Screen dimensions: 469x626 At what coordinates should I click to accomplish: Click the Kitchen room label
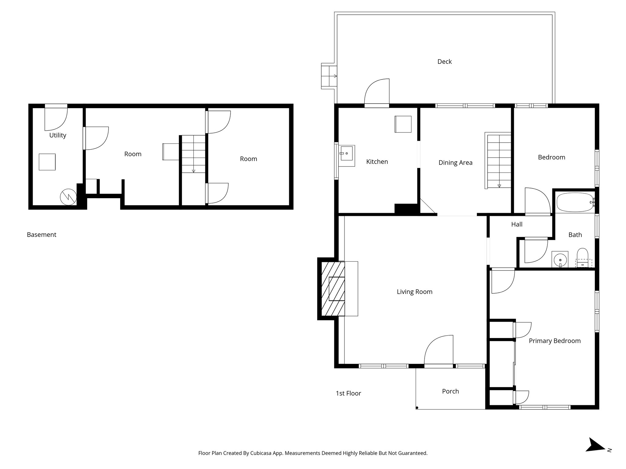pos(377,162)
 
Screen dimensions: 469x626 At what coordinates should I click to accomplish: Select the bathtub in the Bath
pos(575,202)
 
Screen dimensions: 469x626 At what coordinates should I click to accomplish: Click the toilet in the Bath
pos(582,256)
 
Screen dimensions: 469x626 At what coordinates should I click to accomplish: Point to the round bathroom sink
pos(560,260)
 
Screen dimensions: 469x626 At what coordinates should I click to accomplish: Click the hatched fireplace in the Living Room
pos(333,289)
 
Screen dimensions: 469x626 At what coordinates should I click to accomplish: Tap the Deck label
pos(444,62)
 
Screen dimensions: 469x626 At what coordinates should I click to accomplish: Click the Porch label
pos(450,391)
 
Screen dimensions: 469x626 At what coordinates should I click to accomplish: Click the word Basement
pos(42,235)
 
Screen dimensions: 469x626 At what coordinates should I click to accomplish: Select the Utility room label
pos(58,135)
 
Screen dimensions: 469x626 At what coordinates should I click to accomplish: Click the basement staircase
pos(193,154)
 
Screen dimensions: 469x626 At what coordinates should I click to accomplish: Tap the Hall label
pos(517,224)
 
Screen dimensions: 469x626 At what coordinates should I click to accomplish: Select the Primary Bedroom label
pos(554,341)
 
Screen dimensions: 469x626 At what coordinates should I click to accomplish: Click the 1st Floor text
pos(348,394)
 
